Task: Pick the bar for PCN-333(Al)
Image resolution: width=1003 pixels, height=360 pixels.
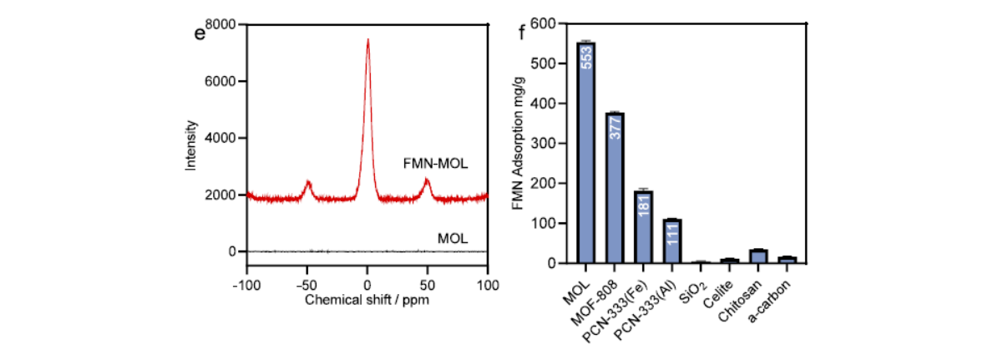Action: pyautogui.click(x=672, y=241)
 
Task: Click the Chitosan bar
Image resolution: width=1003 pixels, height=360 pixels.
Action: pyautogui.click(x=758, y=256)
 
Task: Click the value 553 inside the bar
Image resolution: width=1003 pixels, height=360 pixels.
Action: pyautogui.click(x=586, y=58)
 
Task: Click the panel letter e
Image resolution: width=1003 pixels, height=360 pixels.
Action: pyautogui.click(x=200, y=34)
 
